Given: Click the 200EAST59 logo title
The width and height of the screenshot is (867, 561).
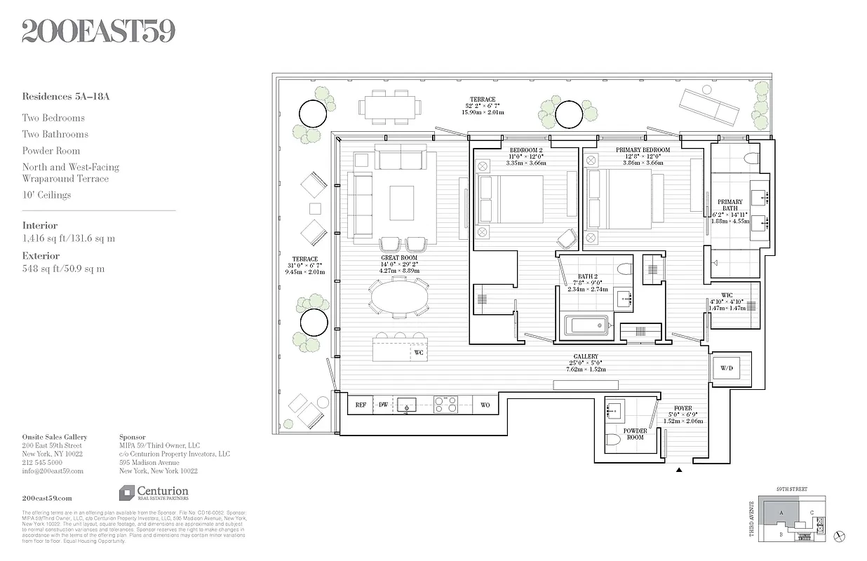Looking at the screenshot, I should [x=98, y=32].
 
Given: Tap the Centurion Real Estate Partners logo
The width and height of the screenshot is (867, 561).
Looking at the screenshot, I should [x=154, y=494].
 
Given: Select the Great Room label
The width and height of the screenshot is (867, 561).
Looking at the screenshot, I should [x=399, y=258].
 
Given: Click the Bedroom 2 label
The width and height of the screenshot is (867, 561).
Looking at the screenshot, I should [x=525, y=150].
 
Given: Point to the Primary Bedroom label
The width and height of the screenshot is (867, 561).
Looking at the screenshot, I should [x=643, y=150].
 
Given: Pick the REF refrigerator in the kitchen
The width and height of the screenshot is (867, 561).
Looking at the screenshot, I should [x=361, y=405].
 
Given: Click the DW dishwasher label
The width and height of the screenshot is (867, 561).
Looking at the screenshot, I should [x=384, y=405].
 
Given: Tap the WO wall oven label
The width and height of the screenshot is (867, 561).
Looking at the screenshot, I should [x=485, y=405].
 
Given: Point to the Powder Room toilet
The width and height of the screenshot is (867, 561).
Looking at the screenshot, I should [x=613, y=440].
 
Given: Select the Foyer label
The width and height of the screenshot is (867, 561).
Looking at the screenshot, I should [x=683, y=408].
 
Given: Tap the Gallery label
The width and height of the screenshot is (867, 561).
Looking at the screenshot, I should [x=586, y=356].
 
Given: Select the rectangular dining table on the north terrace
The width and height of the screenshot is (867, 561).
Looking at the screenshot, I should [x=391, y=107].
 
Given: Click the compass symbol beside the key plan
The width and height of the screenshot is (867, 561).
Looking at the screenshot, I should [x=838, y=535].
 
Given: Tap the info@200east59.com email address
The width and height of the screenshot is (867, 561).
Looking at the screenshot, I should [x=53, y=471].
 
